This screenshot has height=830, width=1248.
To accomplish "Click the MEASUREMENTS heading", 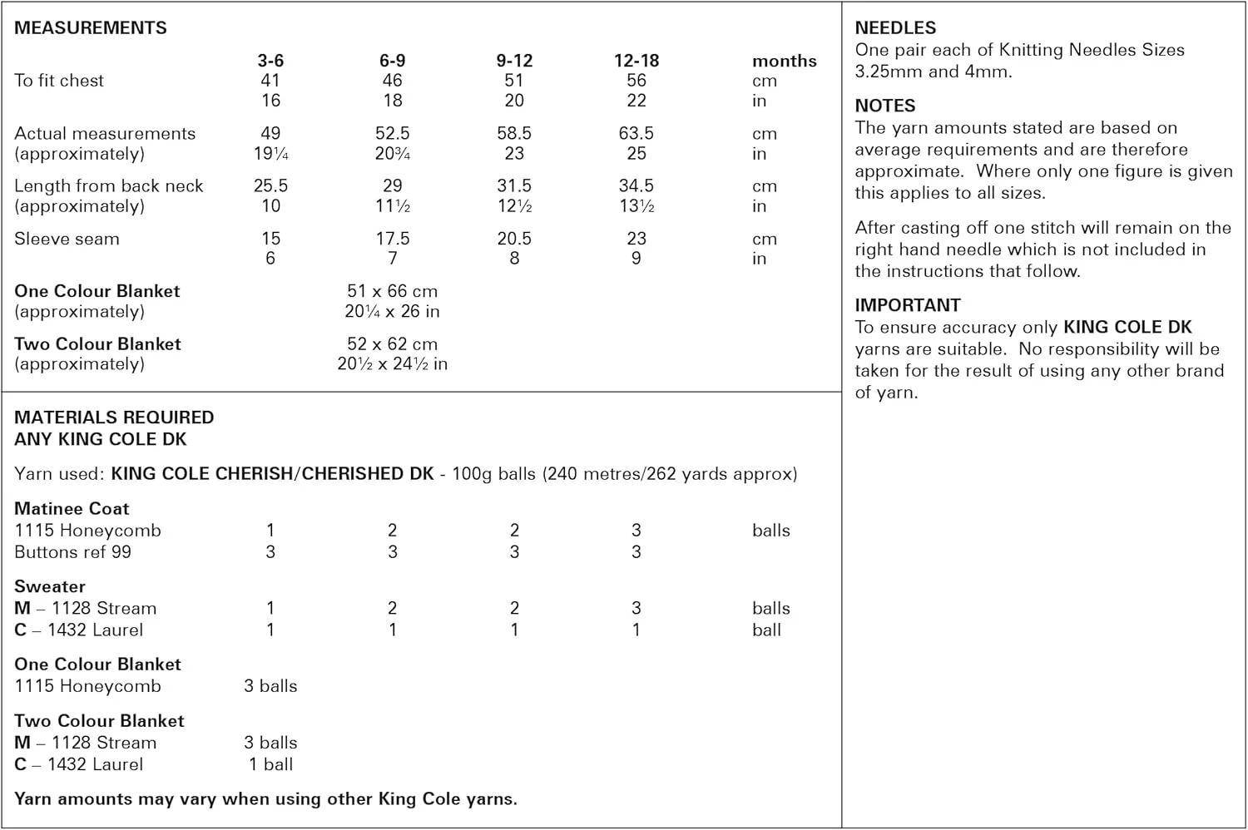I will tap(91, 27).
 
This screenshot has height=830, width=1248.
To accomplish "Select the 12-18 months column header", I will tap(636, 61).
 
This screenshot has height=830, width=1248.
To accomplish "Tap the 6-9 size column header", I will tap(393, 61).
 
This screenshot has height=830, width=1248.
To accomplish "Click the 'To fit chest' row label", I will tap(59, 81).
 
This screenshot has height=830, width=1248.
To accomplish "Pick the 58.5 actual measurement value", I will tap(514, 133).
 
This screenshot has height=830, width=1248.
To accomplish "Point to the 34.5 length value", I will tap(636, 185).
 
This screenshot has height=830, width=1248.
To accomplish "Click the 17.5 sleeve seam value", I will tap(393, 239).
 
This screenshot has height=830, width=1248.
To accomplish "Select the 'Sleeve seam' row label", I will tap(67, 239).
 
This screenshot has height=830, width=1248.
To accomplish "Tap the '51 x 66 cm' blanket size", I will tap(392, 291).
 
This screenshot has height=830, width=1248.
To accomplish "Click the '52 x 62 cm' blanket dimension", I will tap(392, 343).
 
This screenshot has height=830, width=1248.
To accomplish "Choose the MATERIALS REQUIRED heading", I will tap(114, 417).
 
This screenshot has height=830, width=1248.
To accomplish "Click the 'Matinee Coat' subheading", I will tap(72, 508).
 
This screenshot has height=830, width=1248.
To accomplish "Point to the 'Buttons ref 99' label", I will tap(72, 551).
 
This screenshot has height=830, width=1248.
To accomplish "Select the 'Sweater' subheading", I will tap(50, 586).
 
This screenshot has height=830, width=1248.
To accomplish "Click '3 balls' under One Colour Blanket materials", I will tap(270, 686).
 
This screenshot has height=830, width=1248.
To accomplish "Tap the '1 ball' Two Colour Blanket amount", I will tap(270, 764).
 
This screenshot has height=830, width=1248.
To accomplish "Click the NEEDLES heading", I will tap(895, 27).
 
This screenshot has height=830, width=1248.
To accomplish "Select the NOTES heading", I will tap(885, 106).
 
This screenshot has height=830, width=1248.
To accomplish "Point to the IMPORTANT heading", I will tap(908, 305).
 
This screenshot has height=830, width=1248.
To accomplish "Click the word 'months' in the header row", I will tap(785, 61).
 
